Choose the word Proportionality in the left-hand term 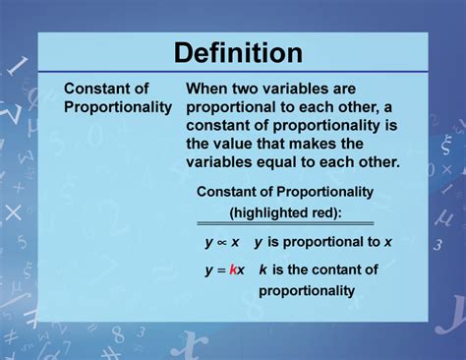point(118,107)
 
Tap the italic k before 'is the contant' point(263,270)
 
